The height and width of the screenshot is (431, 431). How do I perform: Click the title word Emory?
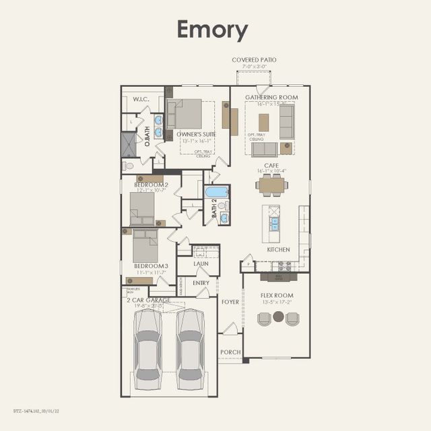pos(212,30)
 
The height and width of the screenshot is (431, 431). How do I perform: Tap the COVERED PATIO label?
pos(254,60)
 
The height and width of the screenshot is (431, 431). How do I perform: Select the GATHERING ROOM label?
pos(271,97)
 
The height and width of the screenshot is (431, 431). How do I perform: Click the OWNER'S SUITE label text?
pos(196,135)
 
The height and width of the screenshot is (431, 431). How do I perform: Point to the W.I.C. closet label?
pos(141,99)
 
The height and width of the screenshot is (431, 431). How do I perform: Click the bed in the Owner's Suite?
pos(187,114)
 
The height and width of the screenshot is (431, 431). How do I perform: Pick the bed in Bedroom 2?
pos(141,207)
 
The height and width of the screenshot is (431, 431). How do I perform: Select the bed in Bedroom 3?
pos(145,246)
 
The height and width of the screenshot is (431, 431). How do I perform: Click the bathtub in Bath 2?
pos(217,192)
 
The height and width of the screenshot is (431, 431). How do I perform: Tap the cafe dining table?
pos(272,185)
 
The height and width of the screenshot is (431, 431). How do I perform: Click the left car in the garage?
pos(147,348)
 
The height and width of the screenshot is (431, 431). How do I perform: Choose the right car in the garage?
pos(190,348)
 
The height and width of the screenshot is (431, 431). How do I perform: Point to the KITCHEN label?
pos(278,249)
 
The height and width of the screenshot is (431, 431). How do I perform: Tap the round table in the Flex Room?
pos(278,317)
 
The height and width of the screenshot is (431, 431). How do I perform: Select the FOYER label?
pos(230,302)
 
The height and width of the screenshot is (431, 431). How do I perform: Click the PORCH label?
pos(230,352)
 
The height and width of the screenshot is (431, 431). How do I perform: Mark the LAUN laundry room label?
pos(201,264)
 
